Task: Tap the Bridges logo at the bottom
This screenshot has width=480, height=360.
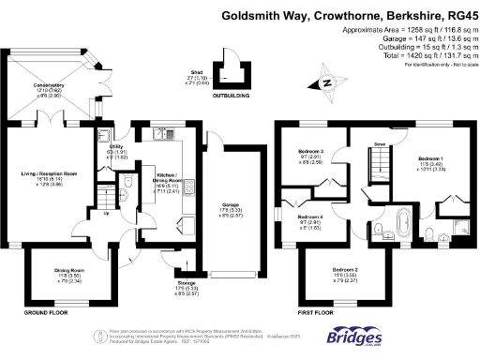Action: pos(353,337)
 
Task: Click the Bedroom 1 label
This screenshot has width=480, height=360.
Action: pos(430,159)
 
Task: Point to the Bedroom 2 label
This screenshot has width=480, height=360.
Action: pos(344,272)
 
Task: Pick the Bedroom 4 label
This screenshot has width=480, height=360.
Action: pos(312,220)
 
